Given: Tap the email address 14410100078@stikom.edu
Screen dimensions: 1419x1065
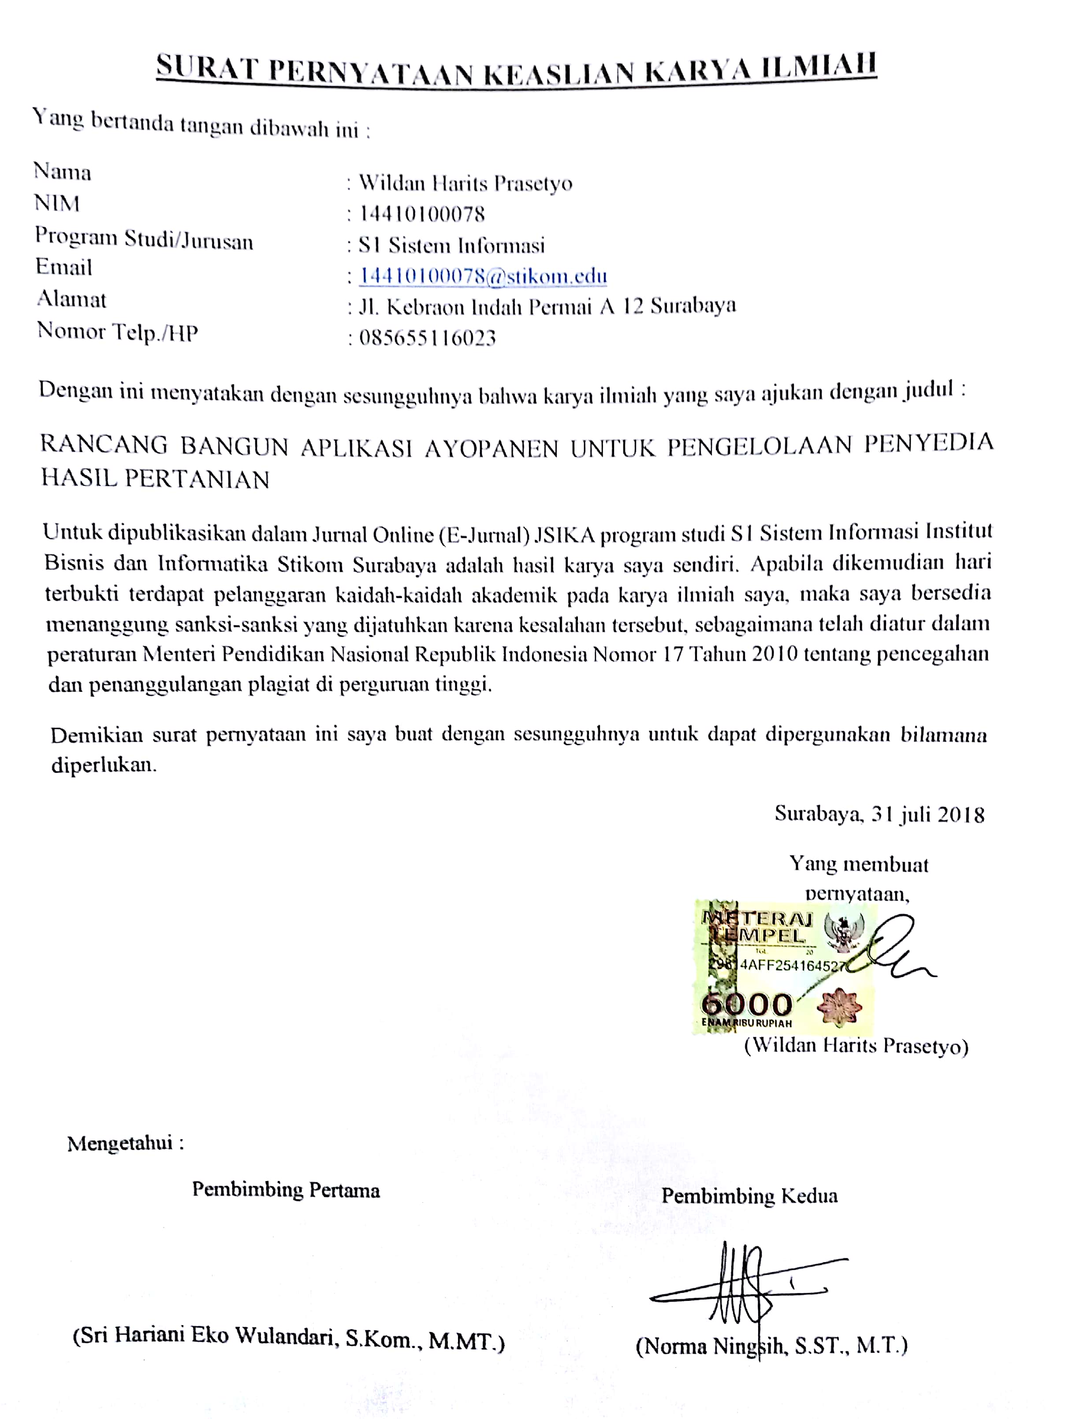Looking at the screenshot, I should pos(482,276).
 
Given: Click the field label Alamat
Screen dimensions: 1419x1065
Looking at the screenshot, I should pos(71,299).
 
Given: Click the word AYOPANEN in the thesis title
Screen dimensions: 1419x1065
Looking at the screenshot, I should pos(492,448).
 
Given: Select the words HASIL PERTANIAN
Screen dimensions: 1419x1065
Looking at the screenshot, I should pos(155,479).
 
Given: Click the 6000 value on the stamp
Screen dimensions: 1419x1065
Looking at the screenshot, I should pos(747,1003).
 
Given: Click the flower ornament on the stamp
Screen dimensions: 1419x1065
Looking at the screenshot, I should pos(839,1006).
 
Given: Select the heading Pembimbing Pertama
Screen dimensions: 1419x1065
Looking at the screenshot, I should pos(286,1190).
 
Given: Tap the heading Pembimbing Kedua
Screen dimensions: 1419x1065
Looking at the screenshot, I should pos(749,1196).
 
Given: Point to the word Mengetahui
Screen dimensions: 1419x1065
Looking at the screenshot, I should pos(120,1143).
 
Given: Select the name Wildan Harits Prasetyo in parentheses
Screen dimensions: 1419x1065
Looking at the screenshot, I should pos(856,1046).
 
